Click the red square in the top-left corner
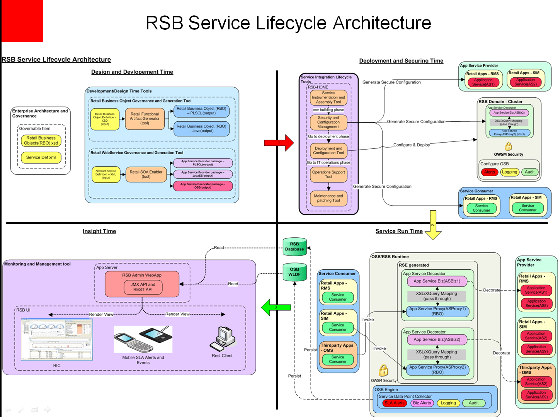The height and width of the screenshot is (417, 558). (22, 20)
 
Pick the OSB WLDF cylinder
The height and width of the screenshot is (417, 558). (294, 272)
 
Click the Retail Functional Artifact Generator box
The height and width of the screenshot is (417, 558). (145, 119)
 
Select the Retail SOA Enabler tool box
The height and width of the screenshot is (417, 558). (146, 174)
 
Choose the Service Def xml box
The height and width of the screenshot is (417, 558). (41, 157)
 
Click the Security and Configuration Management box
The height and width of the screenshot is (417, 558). (328, 122)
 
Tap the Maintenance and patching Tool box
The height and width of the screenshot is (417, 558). (328, 198)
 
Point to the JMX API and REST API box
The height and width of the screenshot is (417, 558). (143, 287)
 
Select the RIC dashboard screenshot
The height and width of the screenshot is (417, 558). (57, 339)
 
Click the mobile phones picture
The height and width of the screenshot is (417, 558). (143, 339)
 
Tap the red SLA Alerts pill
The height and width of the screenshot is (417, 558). (394, 403)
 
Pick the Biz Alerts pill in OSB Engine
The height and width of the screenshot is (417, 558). (422, 403)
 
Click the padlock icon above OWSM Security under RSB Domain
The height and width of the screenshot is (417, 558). (509, 146)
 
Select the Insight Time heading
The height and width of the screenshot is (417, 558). (99, 231)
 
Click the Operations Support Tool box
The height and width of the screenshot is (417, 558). (328, 174)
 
